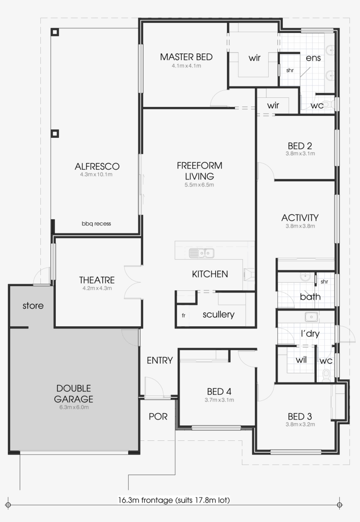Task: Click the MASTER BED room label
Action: coord(186,57)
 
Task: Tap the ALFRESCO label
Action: coord(97,167)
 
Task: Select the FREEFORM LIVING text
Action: coord(199,171)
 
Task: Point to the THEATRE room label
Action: coord(97,280)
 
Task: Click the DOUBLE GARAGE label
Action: coord(74,393)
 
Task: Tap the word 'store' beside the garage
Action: coord(33,305)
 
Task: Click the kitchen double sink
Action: coord(202,253)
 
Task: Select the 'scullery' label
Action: coord(218,315)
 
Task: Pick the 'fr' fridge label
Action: coord(184,315)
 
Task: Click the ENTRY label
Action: coord(159,361)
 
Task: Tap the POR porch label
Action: coord(158,416)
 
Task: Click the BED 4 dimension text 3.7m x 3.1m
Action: coord(219,400)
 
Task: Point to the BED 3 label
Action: coord(300,416)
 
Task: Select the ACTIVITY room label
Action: coord(300,218)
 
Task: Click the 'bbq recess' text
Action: coord(96,224)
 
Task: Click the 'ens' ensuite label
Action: coord(313,58)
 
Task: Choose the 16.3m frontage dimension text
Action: coord(174,500)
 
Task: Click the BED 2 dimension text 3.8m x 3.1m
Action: coord(300,154)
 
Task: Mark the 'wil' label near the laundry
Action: coord(301,360)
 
